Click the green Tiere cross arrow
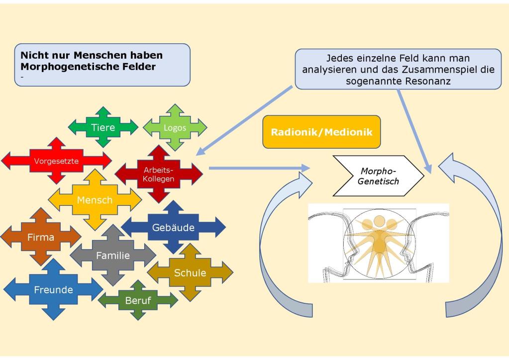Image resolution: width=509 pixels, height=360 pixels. (x=103, y=127)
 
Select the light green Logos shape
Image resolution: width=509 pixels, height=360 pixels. (x=175, y=128)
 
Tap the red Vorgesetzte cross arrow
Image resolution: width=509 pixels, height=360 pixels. (x=56, y=161)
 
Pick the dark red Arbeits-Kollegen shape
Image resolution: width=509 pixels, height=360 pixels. (x=159, y=174)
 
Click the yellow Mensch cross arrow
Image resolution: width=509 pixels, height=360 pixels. (x=95, y=200)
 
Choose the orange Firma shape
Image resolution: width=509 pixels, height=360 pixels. (x=41, y=237)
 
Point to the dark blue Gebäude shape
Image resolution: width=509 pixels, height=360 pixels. (x=173, y=228)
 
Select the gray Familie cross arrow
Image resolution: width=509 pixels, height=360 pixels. (x=113, y=256)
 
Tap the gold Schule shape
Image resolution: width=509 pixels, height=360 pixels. (x=190, y=272)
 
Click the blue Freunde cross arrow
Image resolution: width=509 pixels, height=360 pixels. (x=53, y=289)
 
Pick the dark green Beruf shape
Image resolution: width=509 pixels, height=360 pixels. (x=138, y=300)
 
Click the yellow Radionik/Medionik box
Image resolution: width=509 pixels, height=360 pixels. (x=321, y=132)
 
